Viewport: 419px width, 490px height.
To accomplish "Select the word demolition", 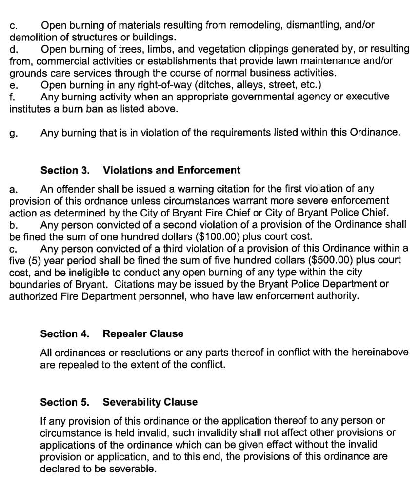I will click(x=31, y=37).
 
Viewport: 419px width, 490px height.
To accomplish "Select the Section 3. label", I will click(x=65, y=170).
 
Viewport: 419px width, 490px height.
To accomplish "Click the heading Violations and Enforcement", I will click(x=172, y=170).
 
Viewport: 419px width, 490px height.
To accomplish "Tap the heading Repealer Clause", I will click(x=143, y=334).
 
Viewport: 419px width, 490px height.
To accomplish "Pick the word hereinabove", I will click(x=381, y=352).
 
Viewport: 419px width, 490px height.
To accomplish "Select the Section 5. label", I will click(x=65, y=402).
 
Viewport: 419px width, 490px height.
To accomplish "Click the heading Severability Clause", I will click(x=150, y=402).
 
